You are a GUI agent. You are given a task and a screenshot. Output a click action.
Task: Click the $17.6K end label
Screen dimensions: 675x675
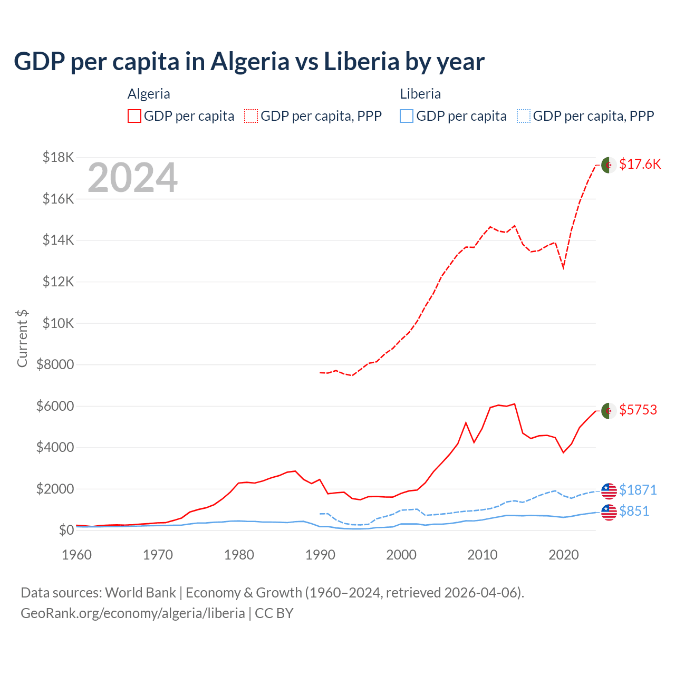pos(640,164)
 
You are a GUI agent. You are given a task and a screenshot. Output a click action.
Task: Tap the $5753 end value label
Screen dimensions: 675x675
pos(638,410)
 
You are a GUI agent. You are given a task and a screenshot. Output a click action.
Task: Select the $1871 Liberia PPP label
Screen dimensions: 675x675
pos(638,490)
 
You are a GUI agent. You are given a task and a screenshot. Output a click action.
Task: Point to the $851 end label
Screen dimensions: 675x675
pos(634,511)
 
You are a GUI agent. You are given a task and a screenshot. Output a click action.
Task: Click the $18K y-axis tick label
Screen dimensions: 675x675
pos(59,157)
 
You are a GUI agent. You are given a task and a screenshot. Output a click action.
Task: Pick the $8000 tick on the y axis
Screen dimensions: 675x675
pos(55,364)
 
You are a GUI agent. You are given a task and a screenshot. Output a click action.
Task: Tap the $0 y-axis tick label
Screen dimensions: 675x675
pos(66,530)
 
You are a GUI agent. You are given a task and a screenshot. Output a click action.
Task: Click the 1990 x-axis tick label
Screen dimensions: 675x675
pos(320,555)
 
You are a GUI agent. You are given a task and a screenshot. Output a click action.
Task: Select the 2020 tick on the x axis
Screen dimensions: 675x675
pos(563,555)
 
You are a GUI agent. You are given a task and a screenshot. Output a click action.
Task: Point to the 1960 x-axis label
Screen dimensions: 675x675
pos(77,555)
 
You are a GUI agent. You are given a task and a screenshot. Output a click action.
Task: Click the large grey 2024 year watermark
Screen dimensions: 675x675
pos(132,178)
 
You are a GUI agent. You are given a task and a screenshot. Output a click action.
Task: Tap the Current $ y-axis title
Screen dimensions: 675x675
pos(22,338)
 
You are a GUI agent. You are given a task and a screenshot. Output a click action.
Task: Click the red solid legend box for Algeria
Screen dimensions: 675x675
pos(134,116)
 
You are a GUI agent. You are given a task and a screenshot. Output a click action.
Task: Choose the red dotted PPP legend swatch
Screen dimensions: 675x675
pos(251,116)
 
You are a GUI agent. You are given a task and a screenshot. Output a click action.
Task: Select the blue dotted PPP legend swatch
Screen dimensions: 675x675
pos(524,116)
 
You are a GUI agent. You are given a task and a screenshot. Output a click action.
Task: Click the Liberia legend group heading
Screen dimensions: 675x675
pos(420,94)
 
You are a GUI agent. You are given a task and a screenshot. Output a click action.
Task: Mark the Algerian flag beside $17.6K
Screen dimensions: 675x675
pos(609,165)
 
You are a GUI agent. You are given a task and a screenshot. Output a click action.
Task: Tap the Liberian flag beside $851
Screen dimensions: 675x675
pos(609,512)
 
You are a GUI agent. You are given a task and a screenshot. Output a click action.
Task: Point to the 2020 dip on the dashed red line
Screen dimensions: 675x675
pos(563,267)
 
